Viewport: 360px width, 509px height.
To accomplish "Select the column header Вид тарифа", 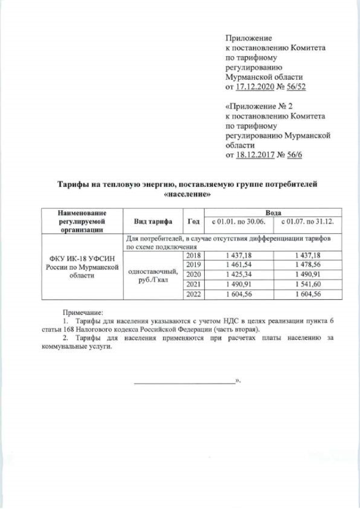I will click(153, 221).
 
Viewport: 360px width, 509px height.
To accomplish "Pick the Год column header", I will click(193, 221).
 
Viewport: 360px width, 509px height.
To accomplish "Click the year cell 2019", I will click(193, 264).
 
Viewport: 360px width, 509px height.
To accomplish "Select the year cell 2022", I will click(193, 294).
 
